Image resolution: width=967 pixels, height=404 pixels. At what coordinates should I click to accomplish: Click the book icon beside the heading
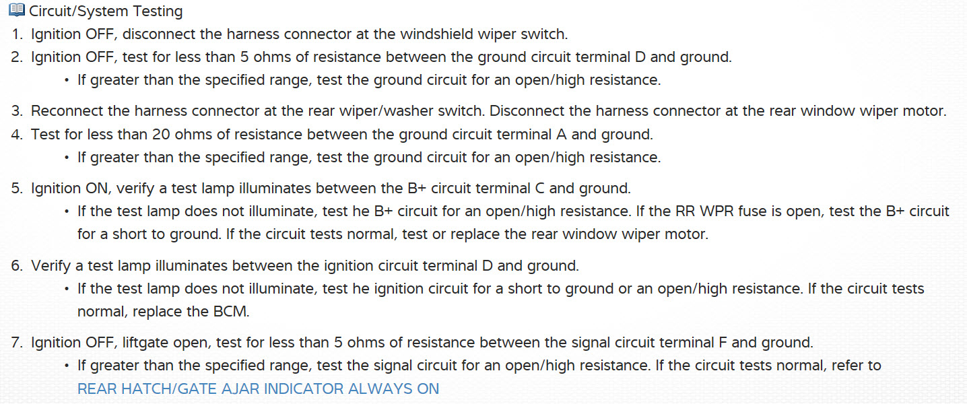point(17,11)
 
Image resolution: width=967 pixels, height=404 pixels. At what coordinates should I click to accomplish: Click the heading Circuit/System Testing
point(106,11)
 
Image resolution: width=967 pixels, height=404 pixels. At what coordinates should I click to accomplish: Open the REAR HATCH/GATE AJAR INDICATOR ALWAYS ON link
point(258,389)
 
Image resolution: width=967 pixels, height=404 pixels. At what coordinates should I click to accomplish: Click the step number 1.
point(17,34)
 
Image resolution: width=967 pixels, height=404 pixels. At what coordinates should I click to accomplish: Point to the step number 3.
point(17,111)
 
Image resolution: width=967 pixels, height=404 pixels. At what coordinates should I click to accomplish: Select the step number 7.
point(17,343)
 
